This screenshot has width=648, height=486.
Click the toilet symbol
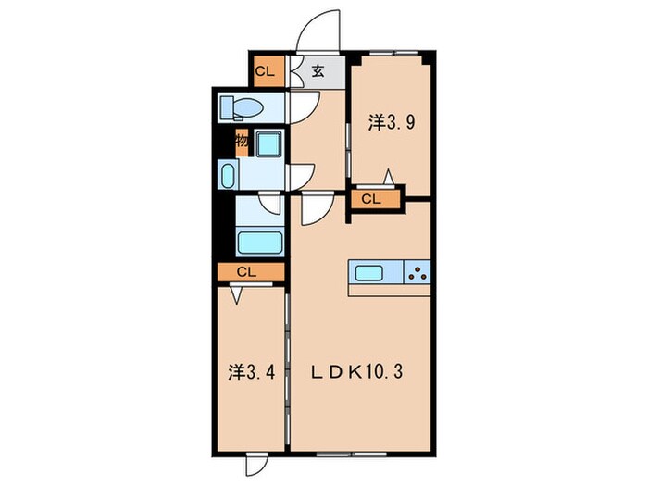coord(242,108)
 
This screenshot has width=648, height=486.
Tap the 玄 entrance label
coord(318,71)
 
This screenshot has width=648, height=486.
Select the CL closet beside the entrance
coord(268,71)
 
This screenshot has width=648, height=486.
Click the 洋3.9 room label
coord(392,123)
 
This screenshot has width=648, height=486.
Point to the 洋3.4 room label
coord(251,373)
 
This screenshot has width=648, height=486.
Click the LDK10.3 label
coord(356,373)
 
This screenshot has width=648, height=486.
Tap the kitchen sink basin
coord(369,272)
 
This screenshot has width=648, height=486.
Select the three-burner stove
coord(417,272)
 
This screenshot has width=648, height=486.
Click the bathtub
coord(260,243)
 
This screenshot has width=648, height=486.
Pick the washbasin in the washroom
coord(228,176)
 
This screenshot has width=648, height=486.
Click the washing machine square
coord(269,143)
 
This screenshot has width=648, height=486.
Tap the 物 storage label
coord(243,142)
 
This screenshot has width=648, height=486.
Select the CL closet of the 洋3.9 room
coord(376,199)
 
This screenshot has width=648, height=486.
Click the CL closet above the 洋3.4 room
coord(251,272)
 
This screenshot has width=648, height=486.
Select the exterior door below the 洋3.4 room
coord(256,465)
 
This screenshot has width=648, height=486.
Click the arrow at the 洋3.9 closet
coord(388,177)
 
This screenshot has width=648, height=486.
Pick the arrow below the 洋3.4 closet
coord(236,294)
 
